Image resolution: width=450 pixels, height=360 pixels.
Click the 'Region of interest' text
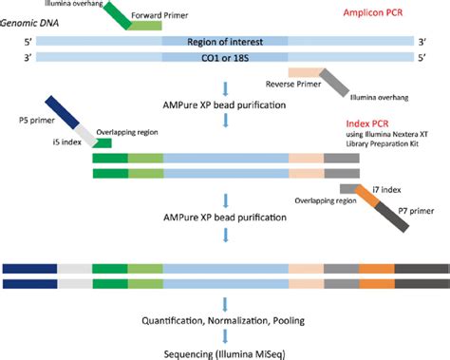point(225,44)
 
